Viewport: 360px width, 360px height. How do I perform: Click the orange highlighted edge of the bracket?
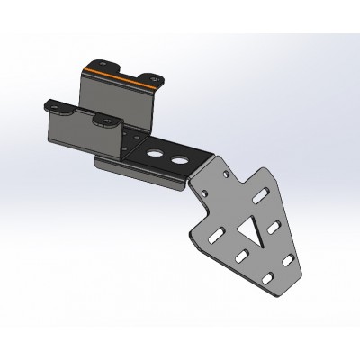point(117,74)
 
